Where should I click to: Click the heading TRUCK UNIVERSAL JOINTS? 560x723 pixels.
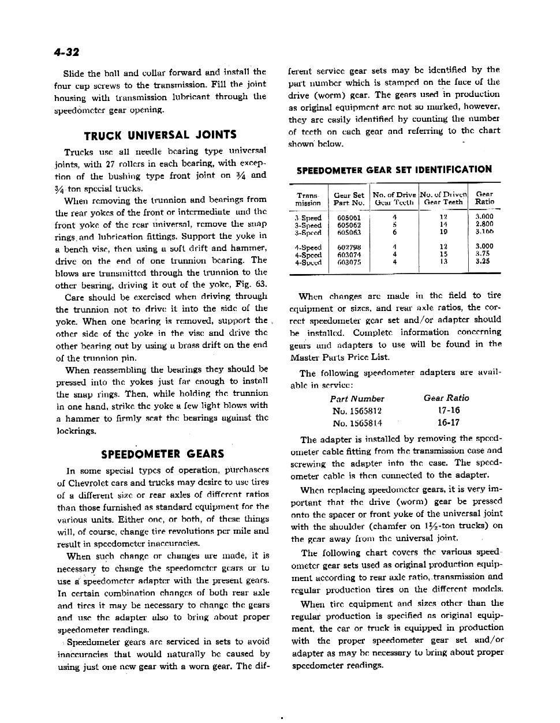[x=160, y=135]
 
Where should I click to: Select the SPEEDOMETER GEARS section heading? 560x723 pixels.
[x=162, y=454]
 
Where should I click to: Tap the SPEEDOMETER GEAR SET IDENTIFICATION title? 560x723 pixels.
[x=394, y=170]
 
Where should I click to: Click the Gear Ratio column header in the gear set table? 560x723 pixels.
[x=484, y=198]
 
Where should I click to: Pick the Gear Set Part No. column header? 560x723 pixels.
[x=349, y=198]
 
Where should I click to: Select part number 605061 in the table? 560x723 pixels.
[x=349, y=218]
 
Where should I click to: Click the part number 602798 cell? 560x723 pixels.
[x=349, y=246]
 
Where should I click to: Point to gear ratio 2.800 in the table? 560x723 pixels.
[x=484, y=225]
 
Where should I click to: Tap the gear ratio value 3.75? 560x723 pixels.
[x=483, y=254]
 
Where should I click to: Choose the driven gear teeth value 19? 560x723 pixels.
[x=443, y=233]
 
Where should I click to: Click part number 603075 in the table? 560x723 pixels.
[x=349, y=261]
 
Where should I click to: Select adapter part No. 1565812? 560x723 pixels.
[x=357, y=411]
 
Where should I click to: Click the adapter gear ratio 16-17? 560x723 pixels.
[x=448, y=422]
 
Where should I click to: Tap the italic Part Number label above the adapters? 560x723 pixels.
[x=357, y=399]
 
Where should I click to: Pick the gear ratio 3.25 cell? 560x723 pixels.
[x=483, y=261]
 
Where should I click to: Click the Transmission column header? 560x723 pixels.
[x=308, y=198]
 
